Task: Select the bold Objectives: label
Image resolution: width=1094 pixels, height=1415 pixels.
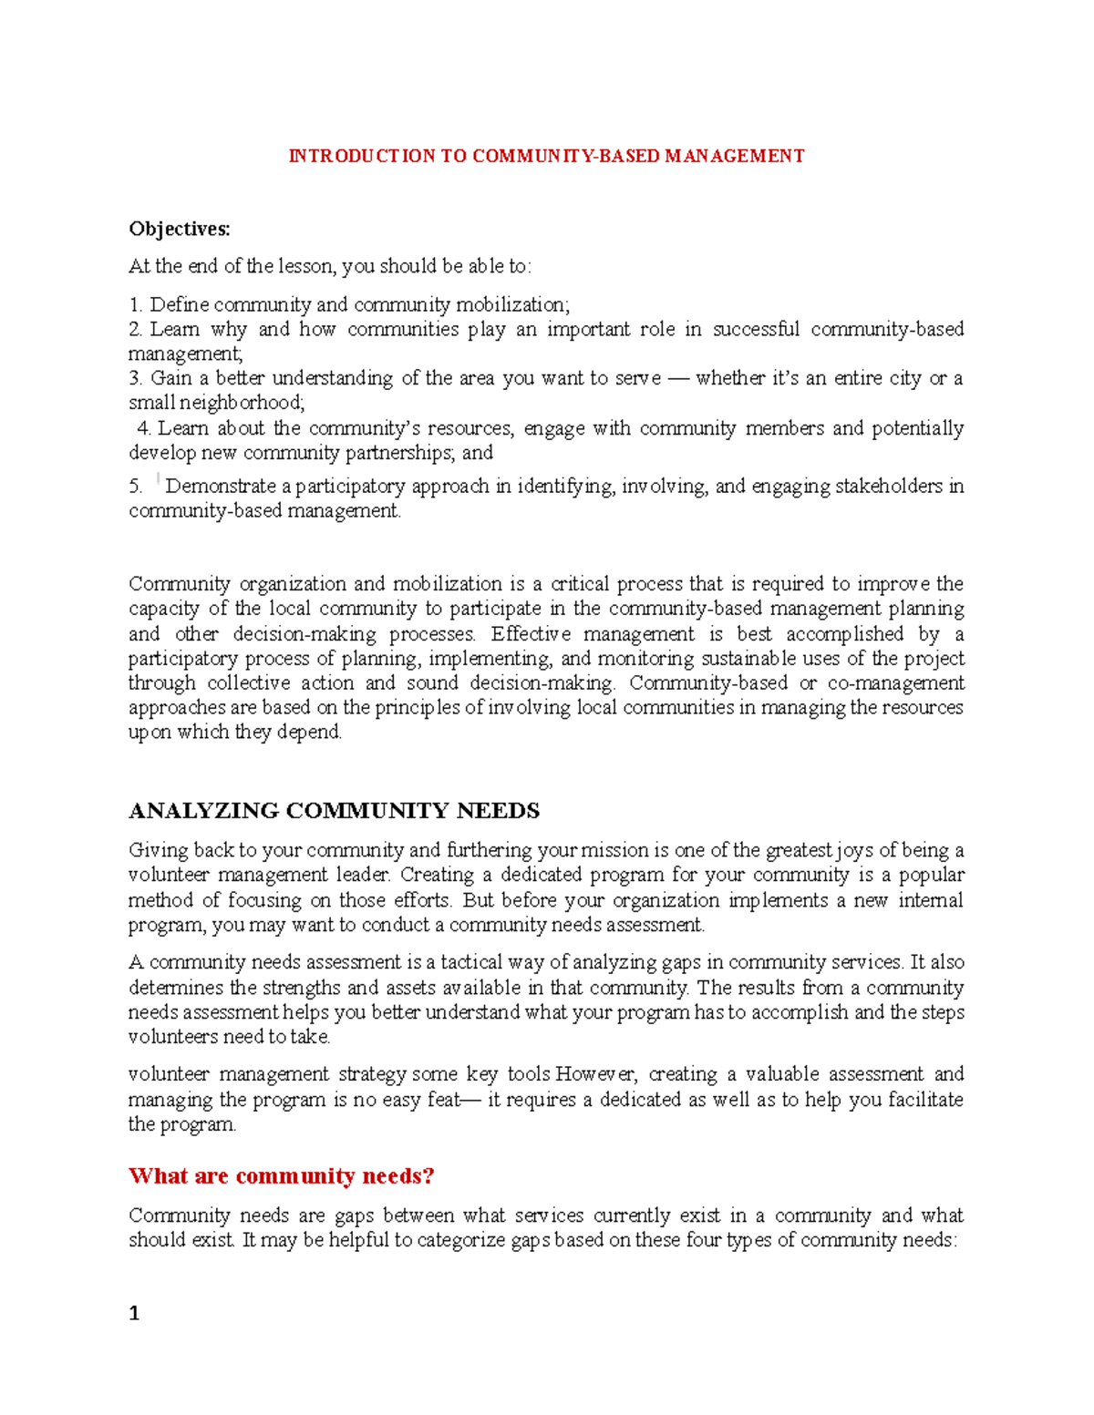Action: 180,229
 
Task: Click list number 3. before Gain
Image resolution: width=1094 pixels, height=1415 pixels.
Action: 136,378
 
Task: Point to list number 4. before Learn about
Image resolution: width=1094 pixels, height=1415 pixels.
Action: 143,428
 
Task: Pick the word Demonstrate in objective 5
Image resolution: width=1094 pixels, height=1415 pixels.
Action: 221,487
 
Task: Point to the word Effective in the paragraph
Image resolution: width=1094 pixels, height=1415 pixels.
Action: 532,634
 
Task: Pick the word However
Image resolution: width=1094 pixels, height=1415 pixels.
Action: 596,1075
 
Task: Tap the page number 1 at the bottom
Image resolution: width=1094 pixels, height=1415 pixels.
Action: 134,1313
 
